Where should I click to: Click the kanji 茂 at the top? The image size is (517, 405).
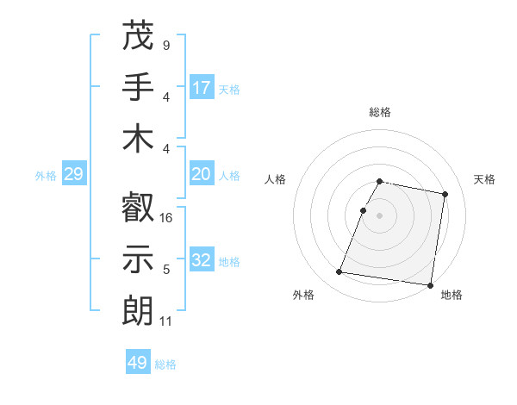139,35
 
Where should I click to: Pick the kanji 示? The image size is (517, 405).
139,259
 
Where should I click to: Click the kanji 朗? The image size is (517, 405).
139,310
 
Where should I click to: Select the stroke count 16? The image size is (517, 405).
167,218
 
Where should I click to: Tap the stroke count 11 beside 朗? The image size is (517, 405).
166,321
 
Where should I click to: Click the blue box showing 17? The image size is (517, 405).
202,88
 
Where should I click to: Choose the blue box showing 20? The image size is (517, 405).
202,174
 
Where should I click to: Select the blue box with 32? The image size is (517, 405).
202,260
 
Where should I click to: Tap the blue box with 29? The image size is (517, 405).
73,175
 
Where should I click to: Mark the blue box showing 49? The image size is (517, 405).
138,363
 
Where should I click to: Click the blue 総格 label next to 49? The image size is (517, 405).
165,364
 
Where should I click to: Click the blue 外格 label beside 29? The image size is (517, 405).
46,176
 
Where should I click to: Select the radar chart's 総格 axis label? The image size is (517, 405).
380,112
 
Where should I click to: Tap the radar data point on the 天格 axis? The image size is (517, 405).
445,195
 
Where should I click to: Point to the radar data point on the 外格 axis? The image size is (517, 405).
339,272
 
